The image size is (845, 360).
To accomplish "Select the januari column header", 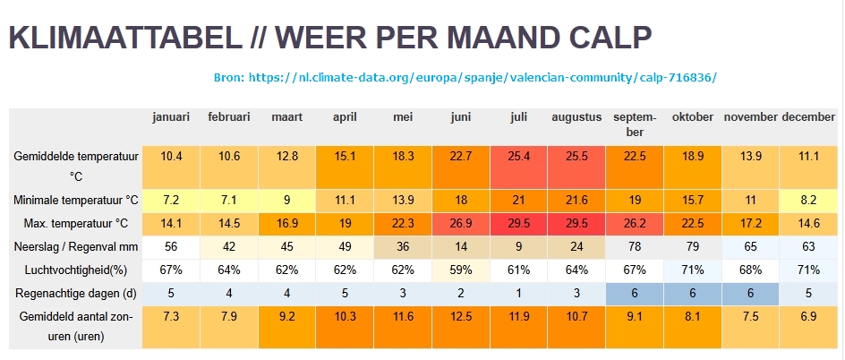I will tap(171, 117).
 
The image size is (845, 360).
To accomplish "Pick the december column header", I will tap(807, 117).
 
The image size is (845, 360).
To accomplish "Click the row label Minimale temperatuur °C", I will tap(76, 199).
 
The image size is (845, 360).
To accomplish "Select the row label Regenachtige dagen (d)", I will tap(76, 292).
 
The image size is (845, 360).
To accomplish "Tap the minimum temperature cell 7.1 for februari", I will tap(229, 199).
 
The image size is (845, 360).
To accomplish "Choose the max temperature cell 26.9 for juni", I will tap(461, 222).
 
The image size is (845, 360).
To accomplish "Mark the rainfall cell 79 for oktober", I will tap(693, 245).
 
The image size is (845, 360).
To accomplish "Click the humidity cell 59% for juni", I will tap(461, 269).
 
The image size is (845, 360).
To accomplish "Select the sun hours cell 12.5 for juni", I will tap(461, 317).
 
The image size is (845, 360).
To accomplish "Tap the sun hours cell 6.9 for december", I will tap(808, 317).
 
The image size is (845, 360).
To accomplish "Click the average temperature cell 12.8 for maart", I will tap(287, 156).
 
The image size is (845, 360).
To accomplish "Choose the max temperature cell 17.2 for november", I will tap(750, 222).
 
